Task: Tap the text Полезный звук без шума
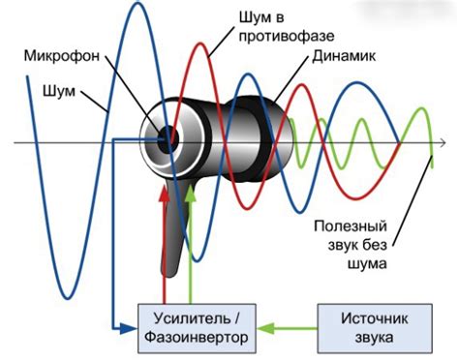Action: point(351,243)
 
